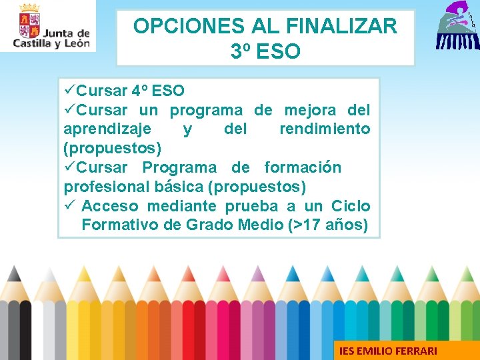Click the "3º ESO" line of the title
pyautogui.click(x=265, y=51)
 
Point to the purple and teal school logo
pyautogui.click(x=457, y=27)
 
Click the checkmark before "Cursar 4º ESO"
pyautogui.click(x=69, y=91)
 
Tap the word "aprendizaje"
pyautogui.click(x=107, y=129)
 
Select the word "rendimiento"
pyautogui.click(x=325, y=129)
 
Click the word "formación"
pyautogui.click(x=303, y=167)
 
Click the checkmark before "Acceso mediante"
pyautogui.click(x=69, y=206)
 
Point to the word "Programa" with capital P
pyautogui.click(x=179, y=167)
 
